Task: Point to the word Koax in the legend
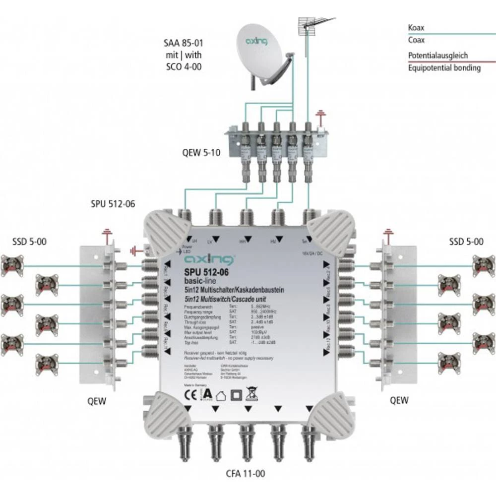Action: [416, 28]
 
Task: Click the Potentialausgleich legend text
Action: [438, 56]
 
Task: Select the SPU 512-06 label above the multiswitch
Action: [113, 204]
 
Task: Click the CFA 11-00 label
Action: [246, 474]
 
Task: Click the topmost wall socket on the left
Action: [12, 265]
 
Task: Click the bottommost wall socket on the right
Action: [449, 363]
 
